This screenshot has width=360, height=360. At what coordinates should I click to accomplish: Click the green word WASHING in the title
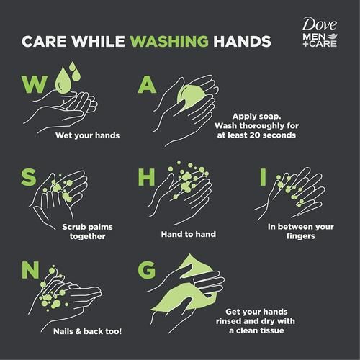pyautogui.click(x=169, y=41)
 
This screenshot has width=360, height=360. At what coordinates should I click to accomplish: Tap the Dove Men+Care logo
pyautogui.click(x=320, y=32)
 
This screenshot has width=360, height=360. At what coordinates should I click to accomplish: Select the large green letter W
pyautogui.click(x=35, y=84)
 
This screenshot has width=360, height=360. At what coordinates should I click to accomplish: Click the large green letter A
pyautogui.click(x=147, y=85)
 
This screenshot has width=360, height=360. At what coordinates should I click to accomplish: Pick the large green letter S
pyautogui.click(x=29, y=177)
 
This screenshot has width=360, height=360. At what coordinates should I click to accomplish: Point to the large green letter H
pyautogui.click(x=146, y=177)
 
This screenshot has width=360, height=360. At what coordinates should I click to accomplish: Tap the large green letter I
pyautogui.click(x=263, y=177)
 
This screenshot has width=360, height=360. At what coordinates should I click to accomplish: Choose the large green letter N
pyautogui.click(x=30, y=270)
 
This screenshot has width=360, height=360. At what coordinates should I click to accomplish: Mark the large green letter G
pyautogui.click(x=147, y=270)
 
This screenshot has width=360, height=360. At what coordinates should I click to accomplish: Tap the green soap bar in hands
pyautogui.click(x=192, y=96)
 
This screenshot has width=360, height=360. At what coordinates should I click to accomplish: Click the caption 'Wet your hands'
pyautogui.click(x=87, y=135)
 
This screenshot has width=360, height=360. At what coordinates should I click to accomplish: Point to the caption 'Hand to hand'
pyautogui.click(x=189, y=234)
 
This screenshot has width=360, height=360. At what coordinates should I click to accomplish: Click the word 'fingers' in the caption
pyautogui.click(x=300, y=236)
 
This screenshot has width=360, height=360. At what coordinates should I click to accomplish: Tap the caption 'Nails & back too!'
pyautogui.click(x=87, y=331)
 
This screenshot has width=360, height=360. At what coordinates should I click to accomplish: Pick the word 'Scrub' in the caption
pyautogui.click(x=73, y=227)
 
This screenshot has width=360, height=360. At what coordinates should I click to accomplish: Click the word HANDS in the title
pyautogui.click(x=243, y=41)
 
